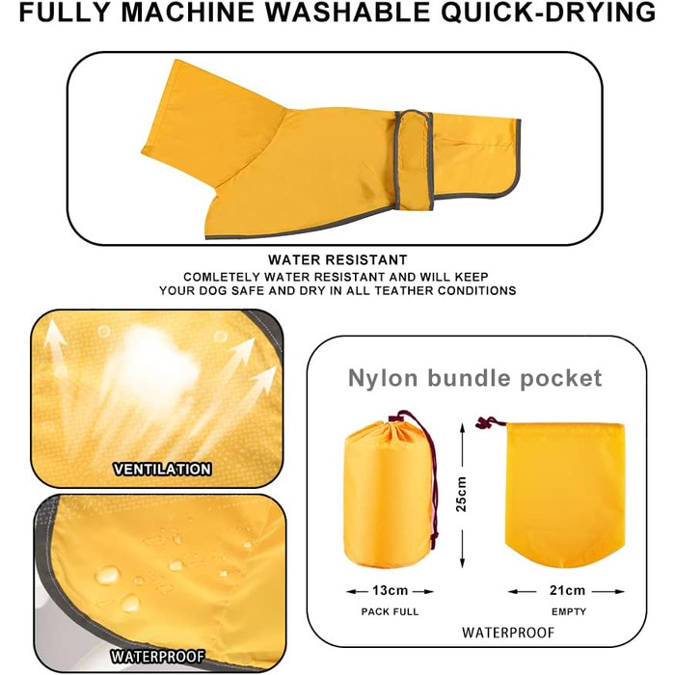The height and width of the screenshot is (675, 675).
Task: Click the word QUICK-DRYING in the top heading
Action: point(548,12)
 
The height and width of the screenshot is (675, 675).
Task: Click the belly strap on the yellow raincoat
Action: point(415,160)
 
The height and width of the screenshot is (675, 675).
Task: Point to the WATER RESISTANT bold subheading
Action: point(337,260)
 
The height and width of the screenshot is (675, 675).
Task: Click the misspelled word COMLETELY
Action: point(222,277)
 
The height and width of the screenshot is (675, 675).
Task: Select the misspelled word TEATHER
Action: point(403,290)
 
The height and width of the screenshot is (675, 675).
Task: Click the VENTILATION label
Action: point(162,469)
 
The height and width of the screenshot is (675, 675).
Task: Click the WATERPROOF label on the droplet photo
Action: point(157,656)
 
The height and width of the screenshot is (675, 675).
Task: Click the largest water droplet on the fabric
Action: point(107,575)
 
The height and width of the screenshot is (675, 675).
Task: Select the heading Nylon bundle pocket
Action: point(474,378)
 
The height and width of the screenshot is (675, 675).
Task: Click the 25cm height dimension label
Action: point(461,494)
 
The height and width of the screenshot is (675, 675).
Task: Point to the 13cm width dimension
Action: point(390,590)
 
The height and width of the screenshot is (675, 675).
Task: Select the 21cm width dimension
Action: point(567,590)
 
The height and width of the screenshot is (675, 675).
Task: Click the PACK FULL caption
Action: point(390,611)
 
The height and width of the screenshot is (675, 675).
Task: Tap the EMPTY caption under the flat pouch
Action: point(569,611)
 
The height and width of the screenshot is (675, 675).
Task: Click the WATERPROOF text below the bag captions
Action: point(508,633)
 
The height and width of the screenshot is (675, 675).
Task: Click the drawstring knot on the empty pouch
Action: point(483,423)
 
